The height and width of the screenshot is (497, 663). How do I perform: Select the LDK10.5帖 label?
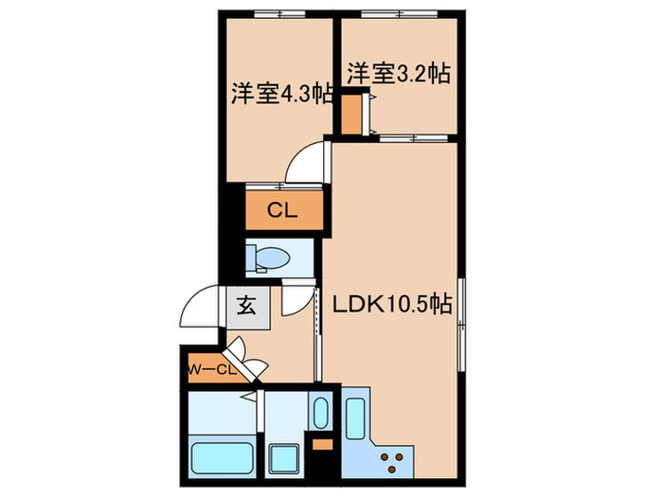pyautogui.click(x=389, y=305)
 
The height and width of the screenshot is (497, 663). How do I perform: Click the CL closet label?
pyautogui.click(x=282, y=210)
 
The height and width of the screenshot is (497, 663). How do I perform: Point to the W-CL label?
pyautogui.click(x=211, y=369)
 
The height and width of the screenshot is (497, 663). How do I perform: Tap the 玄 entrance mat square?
pyautogui.click(x=246, y=306)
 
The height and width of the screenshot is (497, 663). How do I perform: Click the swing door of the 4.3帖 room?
pyautogui.click(x=307, y=161)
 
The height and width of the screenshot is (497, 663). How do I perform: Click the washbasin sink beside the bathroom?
pyautogui.click(x=320, y=414)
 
